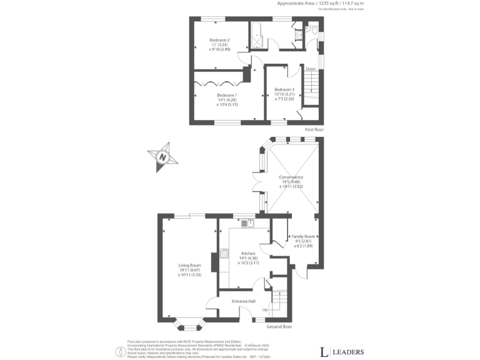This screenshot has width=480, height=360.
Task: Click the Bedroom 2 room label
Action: pyautogui.click(x=219, y=40)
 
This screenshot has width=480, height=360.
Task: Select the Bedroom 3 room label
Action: pyautogui.click(x=284, y=89)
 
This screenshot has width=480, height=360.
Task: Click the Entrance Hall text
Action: pyautogui.click(x=243, y=301)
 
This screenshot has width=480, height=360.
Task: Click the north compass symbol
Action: pyautogui.click(x=162, y=156)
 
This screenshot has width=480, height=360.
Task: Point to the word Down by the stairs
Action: pyautogui.click(x=311, y=69)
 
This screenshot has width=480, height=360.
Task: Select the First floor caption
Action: pyautogui.click(x=314, y=129)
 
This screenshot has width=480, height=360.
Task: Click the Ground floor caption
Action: pyautogui.click(x=279, y=326)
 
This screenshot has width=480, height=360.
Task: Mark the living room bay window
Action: pyautogui.click(x=188, y=324)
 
